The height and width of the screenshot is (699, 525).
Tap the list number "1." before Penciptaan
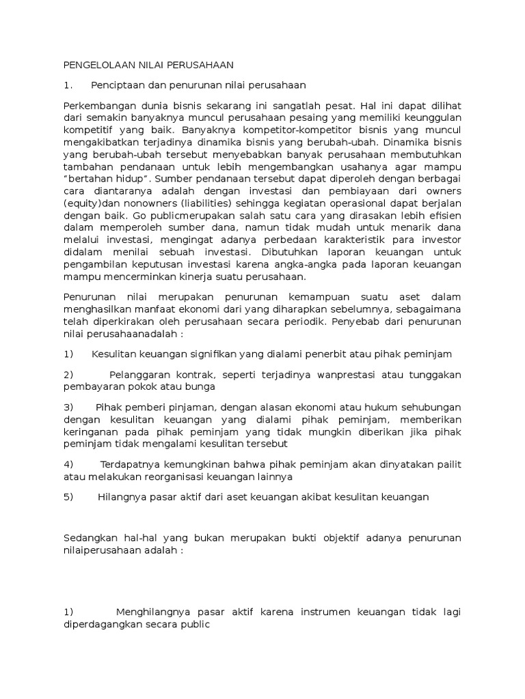coord(67,85)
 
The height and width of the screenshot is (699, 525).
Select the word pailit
coord(450,465)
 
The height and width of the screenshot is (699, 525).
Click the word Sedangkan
coord(90,538)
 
